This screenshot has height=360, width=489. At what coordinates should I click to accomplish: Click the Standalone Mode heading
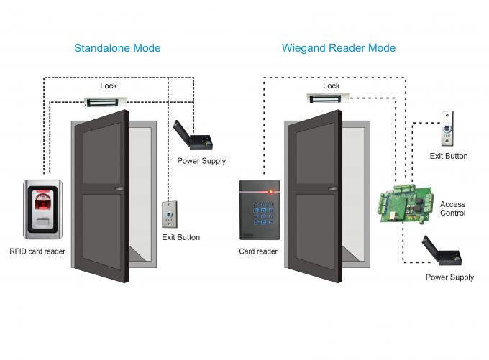pyautogui.click(x=117, y=48)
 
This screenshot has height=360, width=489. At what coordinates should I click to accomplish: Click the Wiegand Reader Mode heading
pyautogui.click(x=339, y=48)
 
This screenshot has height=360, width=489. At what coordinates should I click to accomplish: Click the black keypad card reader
pyautogui.click(x=259, y=210)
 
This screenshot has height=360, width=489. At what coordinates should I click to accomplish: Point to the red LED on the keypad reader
pyautogui.click(x=271, y=191)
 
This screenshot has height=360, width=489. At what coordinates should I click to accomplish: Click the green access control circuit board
pyautogui.click(x=406, y=200)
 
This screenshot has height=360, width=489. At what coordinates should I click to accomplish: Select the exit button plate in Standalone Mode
pyautogui.click(x=168, y=215)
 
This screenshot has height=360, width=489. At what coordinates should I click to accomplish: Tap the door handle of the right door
pyautogui.click(x=333, y=190)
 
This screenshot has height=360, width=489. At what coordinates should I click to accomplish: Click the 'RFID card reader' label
pyautogui.click(x=37, y=252)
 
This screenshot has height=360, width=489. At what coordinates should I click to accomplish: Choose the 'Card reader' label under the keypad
pyautogui.click(x=258, y=252)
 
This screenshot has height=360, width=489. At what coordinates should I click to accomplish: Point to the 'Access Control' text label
pyautogui.click(x=452, y=208)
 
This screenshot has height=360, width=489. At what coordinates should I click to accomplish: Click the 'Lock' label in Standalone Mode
pyautogui.click(x=109, y=86)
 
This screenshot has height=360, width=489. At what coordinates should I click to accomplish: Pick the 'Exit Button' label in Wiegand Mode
pyautogui.click(x=449, y=156)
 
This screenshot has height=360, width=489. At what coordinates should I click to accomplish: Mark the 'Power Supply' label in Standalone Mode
pyautogui.click(x=201, y=161)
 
